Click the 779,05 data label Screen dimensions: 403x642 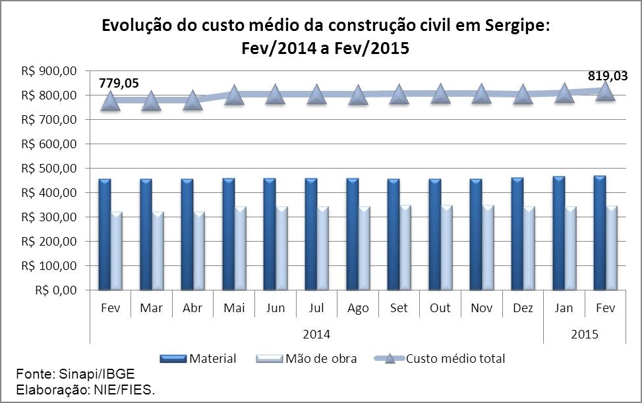(x=119, y=83)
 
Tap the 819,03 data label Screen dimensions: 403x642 (x=607, y=76)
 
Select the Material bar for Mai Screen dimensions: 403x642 (x=229, y=234)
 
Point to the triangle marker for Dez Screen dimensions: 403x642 (x=523, y=95)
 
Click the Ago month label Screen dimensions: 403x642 (x=357, y=309)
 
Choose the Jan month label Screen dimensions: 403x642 (x=564, y=309)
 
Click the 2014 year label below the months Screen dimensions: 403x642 (x=317, y=334)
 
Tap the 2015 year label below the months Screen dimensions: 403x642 (x=585, y=334)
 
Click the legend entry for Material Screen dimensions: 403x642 (x=212, y=359)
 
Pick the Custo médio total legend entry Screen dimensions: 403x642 (x=455, y=359)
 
